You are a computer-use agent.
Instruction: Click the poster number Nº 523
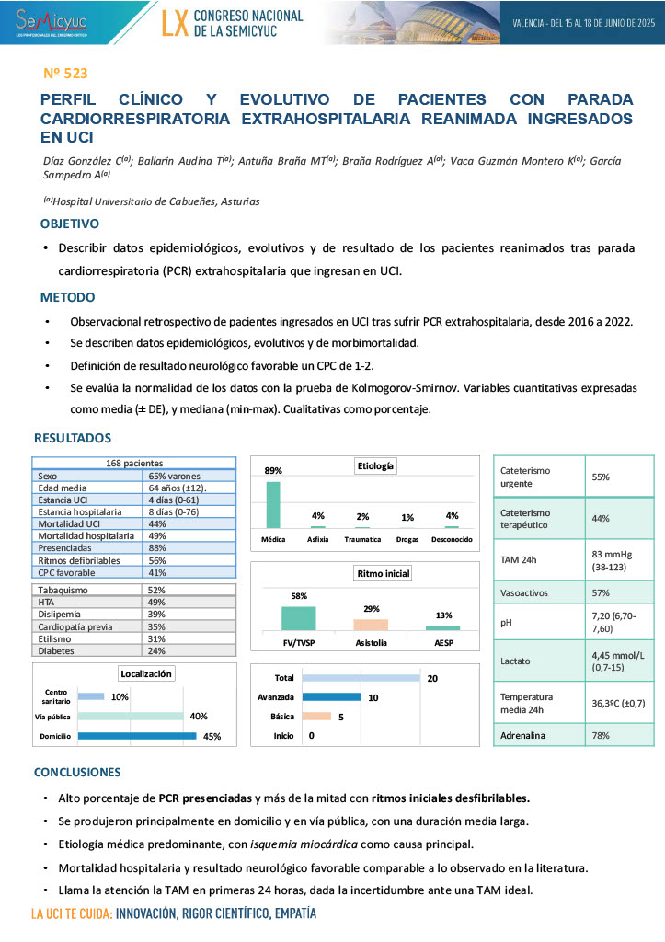65,73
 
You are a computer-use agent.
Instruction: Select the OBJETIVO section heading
69,224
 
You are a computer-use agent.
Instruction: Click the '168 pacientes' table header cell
135,463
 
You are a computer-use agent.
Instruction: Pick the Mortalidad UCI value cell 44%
157,523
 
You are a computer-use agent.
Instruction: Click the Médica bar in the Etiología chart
273,503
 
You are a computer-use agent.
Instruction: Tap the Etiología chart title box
375,466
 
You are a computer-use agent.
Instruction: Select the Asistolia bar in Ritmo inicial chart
371,624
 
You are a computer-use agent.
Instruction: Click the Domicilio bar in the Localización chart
137,736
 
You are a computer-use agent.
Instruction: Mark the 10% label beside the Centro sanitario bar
120,696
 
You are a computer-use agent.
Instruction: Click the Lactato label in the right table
515,659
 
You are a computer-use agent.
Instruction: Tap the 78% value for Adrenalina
601,736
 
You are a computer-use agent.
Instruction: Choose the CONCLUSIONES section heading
76,772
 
